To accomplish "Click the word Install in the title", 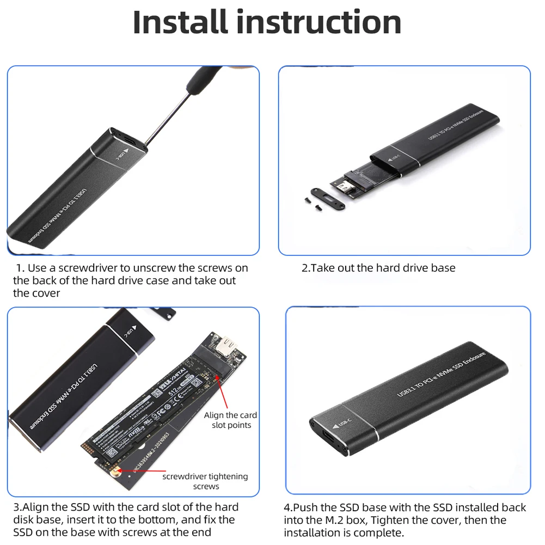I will coord(180,23).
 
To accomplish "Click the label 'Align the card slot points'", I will coord(231,420).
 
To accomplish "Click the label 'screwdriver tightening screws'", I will coord(205,481).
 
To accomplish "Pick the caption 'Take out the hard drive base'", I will coord(378,268).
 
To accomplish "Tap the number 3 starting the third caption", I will coord(16,507).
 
